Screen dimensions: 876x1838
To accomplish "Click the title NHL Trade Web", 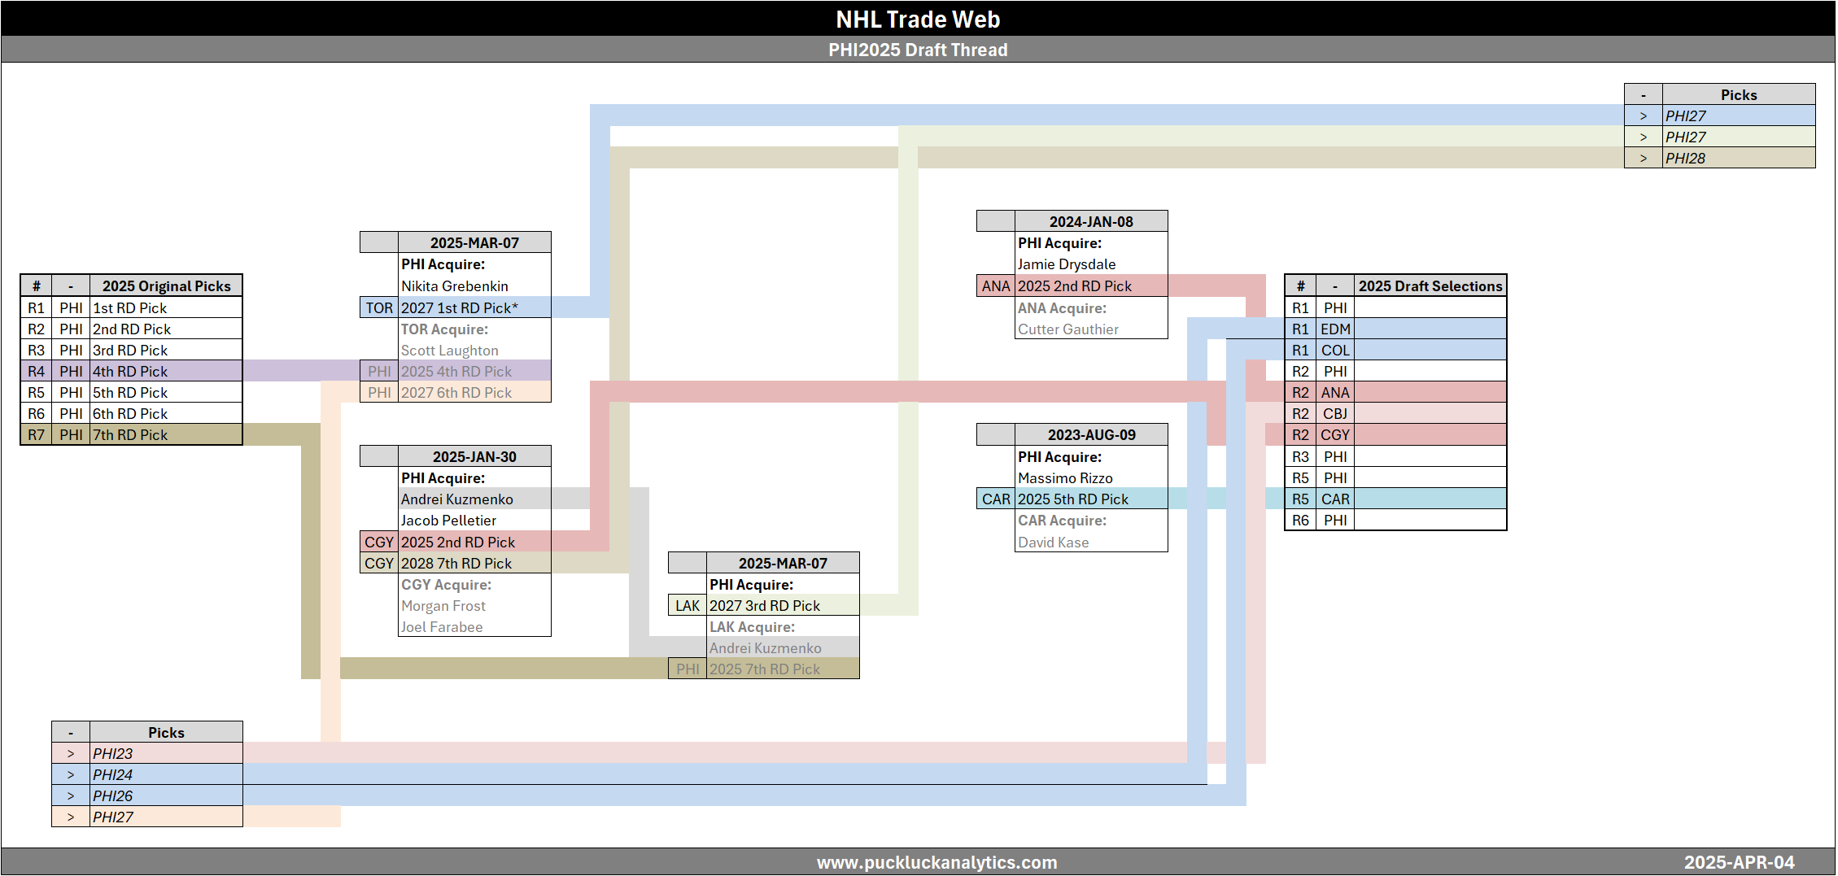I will [x=918, y=19].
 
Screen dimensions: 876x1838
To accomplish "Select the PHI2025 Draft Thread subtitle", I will [x=918, y=50].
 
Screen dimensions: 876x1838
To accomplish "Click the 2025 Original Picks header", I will [x=166, y=285].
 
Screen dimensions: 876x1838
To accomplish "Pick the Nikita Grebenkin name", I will [x=454, y=286].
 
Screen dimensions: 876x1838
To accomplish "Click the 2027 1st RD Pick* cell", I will [x=459, y=307].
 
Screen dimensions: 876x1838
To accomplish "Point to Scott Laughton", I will [x=449, y=351].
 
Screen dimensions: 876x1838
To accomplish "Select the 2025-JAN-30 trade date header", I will [x=474, y=456].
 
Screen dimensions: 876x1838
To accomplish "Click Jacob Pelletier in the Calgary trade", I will [x=448, y=521].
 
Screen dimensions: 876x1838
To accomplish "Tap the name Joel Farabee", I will [x=441, y=627].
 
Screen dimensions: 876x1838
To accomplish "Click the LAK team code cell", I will [x=687, y=606].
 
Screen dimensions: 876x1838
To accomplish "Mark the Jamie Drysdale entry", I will [x=1066, y=264].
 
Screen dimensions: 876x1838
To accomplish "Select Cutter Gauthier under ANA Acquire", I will [x=1067, y=329].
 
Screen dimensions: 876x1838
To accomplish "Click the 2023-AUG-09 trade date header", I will [x=1091, y=434].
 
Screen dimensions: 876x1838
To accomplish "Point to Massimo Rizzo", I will [x=1064, y=478].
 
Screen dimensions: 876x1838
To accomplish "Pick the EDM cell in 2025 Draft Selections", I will [x=1334, y=329].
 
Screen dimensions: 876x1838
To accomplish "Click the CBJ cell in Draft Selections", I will [x=1334, y=413].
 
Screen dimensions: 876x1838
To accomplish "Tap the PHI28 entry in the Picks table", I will [x=1685, y=159].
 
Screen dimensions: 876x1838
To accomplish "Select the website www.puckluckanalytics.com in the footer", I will [x=936, y=862].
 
